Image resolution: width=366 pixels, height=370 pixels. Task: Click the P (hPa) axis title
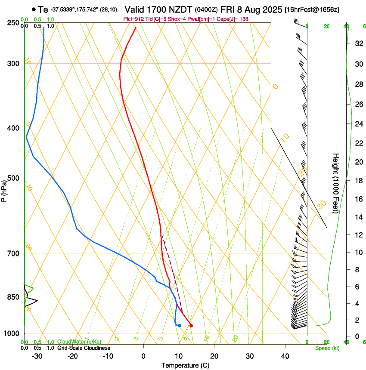(4, 190)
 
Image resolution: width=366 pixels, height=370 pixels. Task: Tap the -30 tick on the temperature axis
(37, 356)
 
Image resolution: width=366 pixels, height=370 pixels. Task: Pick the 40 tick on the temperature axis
(285, 356)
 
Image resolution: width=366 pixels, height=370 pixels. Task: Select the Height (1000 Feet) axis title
(336, 183)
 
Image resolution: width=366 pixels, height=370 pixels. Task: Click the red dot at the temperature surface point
(191, 326)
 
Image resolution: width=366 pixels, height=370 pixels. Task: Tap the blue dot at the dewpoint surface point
(180, 326)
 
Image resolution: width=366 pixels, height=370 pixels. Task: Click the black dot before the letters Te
(34, 9)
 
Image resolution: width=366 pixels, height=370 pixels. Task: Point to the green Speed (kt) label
(327, 348)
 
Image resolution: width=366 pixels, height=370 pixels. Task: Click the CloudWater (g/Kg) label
(79, 342)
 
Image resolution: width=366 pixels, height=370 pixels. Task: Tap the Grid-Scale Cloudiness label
(84, 348)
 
